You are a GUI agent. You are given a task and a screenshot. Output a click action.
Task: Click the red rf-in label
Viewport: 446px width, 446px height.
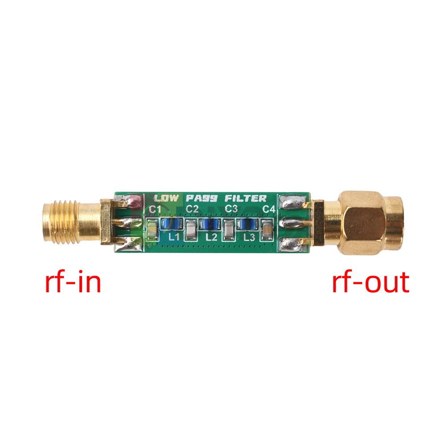coord(73,282)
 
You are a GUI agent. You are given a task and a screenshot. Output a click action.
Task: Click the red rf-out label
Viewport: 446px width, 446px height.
coord(370,282)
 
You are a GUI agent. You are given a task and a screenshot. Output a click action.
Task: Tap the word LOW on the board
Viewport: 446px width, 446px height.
coord(166,198)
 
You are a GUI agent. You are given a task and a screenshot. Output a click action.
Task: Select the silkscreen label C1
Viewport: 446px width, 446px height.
coord(155,209)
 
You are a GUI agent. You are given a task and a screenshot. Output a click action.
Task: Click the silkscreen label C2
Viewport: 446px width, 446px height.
coord(192,209)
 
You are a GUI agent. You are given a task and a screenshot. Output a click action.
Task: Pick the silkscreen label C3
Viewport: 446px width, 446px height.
coord(231,209)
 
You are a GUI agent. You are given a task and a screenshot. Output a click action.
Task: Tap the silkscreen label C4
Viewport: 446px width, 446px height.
coord(268,209)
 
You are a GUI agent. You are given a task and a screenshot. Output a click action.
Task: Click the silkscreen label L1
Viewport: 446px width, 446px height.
coord(174,237)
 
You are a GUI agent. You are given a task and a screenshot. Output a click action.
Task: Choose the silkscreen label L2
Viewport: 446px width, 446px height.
coord(211,237)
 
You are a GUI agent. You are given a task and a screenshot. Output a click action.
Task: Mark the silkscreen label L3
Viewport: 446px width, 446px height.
coord(249,237)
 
